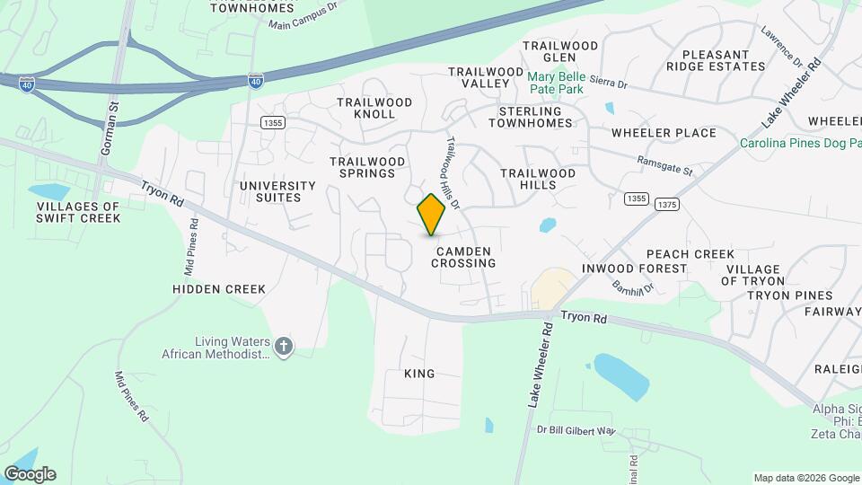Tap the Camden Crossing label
(463, 257)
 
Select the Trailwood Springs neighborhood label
(367, 167)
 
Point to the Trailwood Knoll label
(374, 108)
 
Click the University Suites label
(277, 191)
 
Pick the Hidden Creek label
(219, 289)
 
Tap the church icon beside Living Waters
(284, 347)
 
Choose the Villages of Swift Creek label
(78, 212)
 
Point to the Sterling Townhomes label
(529, 116)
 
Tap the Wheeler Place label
(664, 133)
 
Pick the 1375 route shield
(666, 205)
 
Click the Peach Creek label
(690, 254)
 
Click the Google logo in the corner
(30, 474)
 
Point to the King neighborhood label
(419, 374)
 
